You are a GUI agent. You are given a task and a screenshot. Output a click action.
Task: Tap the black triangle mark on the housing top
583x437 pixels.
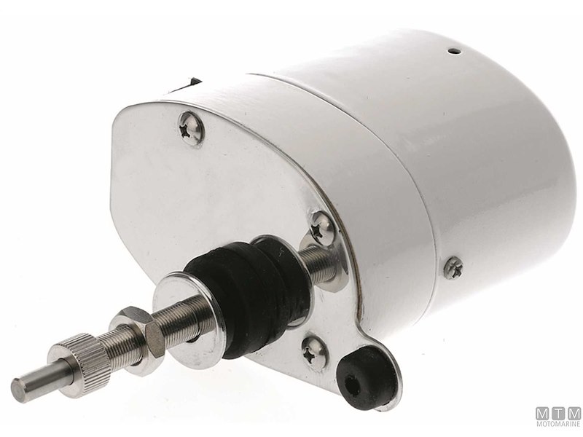pos(193,82)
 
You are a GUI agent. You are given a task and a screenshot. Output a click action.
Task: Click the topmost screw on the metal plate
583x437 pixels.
pos(191,129)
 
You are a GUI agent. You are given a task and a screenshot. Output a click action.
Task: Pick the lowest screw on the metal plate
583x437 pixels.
pos(315,353)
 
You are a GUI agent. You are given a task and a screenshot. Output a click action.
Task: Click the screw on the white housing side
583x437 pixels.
pos(453,267)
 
